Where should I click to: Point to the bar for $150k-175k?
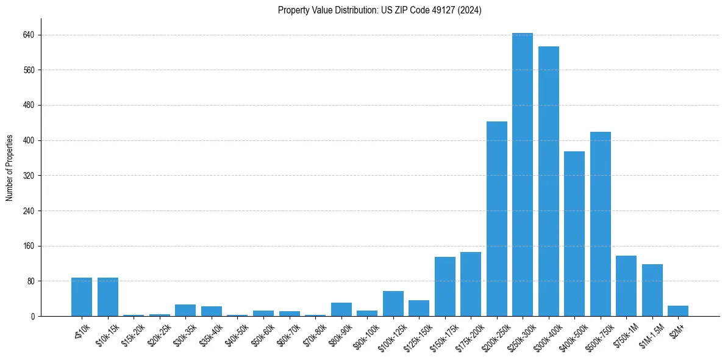pos(445,287)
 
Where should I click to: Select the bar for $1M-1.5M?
pos(652,290)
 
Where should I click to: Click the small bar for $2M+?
pos(678,311)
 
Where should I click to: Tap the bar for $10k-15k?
pos(108,297)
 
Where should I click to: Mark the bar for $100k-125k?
pos(393,304)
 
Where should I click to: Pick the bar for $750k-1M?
pos(626,286)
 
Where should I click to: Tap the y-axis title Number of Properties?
pos(10,167)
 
